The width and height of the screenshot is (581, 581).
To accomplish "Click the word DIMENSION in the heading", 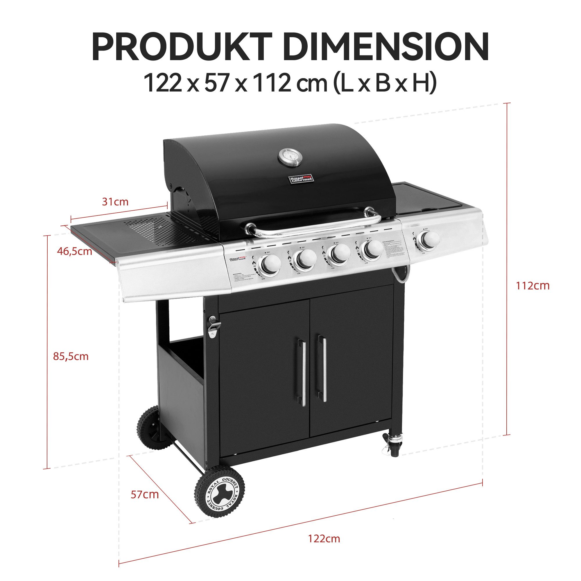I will coord(385,48).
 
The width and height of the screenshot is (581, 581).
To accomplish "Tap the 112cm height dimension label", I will coord(532,286).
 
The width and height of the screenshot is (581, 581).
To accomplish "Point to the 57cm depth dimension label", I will coord(145,494).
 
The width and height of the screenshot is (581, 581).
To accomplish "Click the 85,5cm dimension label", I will coord(71,357).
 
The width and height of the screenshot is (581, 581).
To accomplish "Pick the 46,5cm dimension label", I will coord(75,251).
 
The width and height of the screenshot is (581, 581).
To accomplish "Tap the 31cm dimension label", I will coord(115,202).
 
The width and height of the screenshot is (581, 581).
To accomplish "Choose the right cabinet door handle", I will coord(324,369).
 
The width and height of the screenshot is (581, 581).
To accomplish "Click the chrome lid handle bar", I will coord(313,227).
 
